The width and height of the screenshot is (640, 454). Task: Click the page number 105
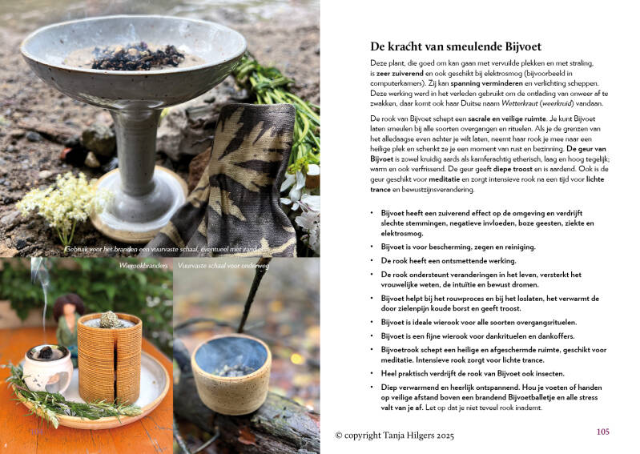click(x=603, y=432)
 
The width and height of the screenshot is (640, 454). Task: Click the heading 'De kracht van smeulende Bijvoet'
click(x=456, y=46)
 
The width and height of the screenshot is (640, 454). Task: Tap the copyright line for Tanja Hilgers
click(x=394, y=436)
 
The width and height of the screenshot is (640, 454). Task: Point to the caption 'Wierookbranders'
click(x=143, y=266)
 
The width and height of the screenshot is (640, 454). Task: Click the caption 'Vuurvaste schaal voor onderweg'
click(x=223, y=266)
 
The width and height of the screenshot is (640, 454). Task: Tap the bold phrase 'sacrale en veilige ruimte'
click(x=506, y=119)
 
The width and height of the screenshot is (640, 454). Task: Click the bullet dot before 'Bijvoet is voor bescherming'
click(x=372, y=247)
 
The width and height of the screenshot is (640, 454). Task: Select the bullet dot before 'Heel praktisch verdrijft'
click(x=372, y=373)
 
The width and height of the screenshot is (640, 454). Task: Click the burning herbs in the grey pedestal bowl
click(x=137, y=57)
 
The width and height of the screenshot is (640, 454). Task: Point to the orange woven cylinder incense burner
click(x=110, y=359)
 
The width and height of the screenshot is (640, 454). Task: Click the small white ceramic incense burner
click(x=47, y=369)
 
